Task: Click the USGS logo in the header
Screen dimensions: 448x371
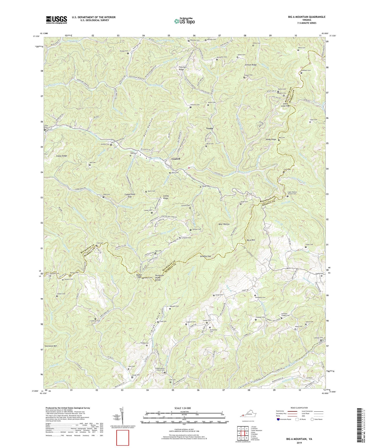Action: (x=56, y=20)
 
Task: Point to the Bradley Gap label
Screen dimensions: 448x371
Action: (x=205, y=256)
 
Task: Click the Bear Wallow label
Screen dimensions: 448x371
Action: (x=224, y=224)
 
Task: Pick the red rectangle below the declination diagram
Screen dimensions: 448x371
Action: (x=122, y=438)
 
